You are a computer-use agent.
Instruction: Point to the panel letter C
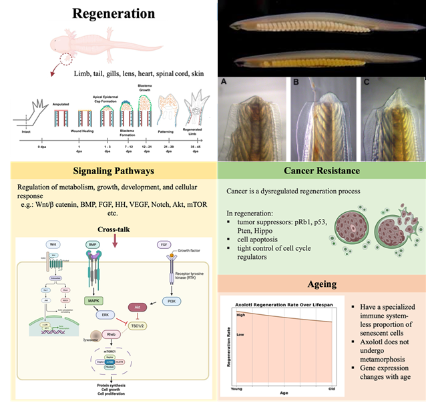(365, 83)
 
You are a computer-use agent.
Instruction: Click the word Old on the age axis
(331, 387)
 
